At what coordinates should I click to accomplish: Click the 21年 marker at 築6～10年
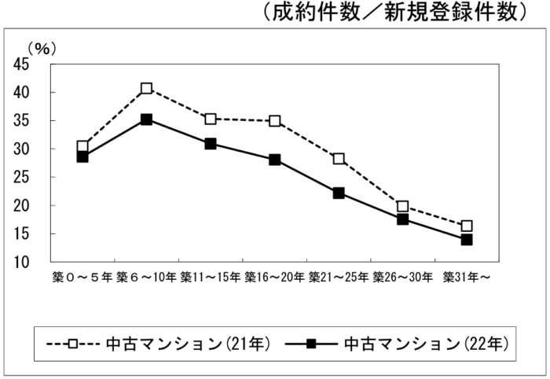coord(146,88)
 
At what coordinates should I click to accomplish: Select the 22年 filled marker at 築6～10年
coord(146,120)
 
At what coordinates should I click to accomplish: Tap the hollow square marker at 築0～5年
coord(82,146)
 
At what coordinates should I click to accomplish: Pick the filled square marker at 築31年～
coord(467,240)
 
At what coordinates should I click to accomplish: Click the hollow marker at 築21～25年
coord(339,159)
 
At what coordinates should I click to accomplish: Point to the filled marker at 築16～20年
coord(275,160)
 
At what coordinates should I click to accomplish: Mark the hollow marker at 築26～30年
coord(403,207)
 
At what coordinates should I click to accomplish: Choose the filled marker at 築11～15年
coord(211,144)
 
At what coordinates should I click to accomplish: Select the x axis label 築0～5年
coord(82,278)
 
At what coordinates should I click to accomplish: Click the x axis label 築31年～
coord(467,278)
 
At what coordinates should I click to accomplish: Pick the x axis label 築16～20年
coord(274,278)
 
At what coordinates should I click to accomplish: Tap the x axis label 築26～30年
coord(403,278)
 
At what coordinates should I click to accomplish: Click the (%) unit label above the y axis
coord(42,49)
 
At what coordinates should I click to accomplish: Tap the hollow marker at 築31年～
coord(467,226)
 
